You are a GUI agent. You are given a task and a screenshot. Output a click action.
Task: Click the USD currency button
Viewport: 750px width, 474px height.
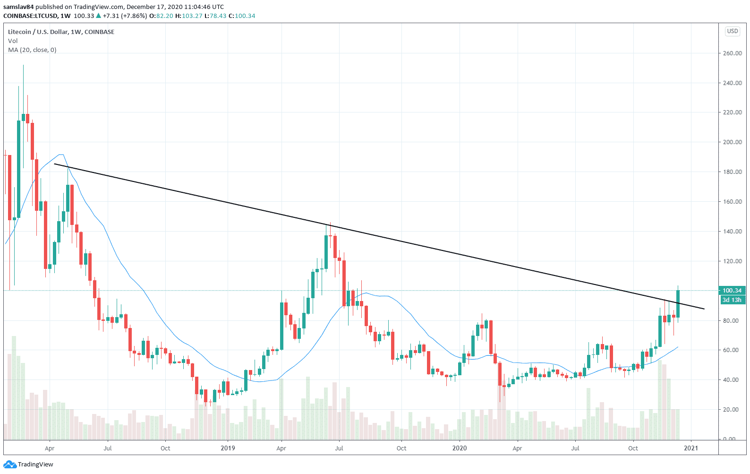(x=732, y=31)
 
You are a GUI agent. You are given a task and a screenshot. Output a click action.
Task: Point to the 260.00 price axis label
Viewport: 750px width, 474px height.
(x=732, y=53)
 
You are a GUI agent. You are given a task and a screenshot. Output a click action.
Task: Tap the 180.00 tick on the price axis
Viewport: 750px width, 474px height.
(x=732, y=172)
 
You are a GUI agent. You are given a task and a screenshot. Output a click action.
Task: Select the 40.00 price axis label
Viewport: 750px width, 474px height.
(x=732, y=380)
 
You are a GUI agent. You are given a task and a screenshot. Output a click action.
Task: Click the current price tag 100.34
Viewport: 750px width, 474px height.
(x=732, y=291)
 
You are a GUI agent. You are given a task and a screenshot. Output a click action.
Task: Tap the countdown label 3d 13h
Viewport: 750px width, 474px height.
(x=732, y=300)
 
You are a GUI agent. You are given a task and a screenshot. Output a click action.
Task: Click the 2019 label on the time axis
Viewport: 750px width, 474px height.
(x=228, y=448)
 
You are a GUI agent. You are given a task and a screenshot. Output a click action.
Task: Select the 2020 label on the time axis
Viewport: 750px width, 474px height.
(x=459, y=448)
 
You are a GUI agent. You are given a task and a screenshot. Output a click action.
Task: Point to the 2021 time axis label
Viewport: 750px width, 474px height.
(x=691, y=448)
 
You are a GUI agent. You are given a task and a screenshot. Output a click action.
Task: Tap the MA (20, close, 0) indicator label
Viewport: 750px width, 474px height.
(x=32, y=50)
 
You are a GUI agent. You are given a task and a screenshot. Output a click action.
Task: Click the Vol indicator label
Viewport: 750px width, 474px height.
(x=13, y=41)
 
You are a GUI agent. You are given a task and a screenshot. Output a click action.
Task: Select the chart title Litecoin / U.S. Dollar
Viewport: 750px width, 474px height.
(x=61, y=32)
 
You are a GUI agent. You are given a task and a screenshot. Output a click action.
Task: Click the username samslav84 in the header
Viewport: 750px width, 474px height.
(x=18, y=7)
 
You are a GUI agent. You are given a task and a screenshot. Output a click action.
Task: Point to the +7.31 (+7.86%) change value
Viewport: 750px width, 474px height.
(x=125, y=16)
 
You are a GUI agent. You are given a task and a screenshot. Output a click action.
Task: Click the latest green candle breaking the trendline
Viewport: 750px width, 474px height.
(x=678, y=304)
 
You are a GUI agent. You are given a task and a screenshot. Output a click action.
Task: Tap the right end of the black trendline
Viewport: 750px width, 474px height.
(x=704, y=309)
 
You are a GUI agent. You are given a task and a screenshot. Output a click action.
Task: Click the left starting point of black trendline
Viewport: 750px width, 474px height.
(x=55, y=164)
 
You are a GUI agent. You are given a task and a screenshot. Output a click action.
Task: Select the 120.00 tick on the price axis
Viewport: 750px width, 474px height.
(x=732, y=261)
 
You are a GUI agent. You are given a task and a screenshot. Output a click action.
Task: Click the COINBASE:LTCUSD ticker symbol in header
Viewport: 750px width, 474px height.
(x=31, y=16)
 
